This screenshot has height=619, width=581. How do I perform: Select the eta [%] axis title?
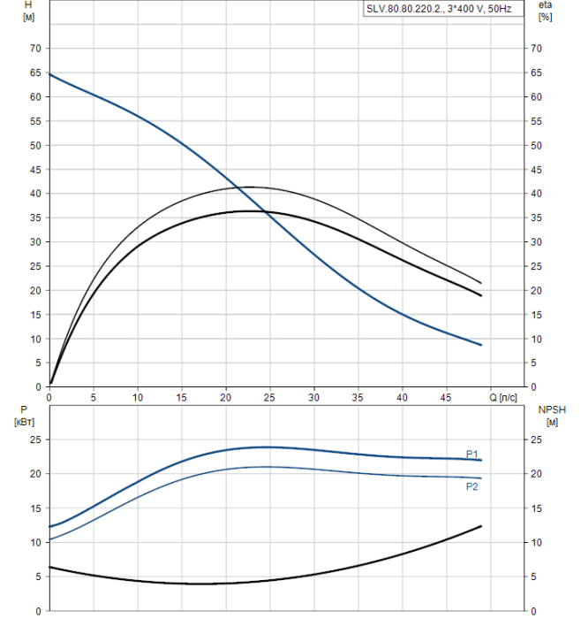click(545, 11)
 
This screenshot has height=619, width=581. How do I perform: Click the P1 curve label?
click(472, 454)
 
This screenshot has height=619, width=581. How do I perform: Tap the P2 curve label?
click(472, 486)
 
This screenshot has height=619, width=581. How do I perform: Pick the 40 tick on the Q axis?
click(402, 398)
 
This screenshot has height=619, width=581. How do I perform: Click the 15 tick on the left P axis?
click(35, 508)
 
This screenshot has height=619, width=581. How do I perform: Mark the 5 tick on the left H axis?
click(37, 363)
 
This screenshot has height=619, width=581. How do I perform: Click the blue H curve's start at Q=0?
click(49, 74)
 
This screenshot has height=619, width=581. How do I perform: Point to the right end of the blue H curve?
click(481, 345)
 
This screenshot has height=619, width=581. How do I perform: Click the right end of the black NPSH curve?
click(481, 526)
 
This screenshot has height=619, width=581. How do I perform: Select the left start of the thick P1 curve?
click(49, 527)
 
